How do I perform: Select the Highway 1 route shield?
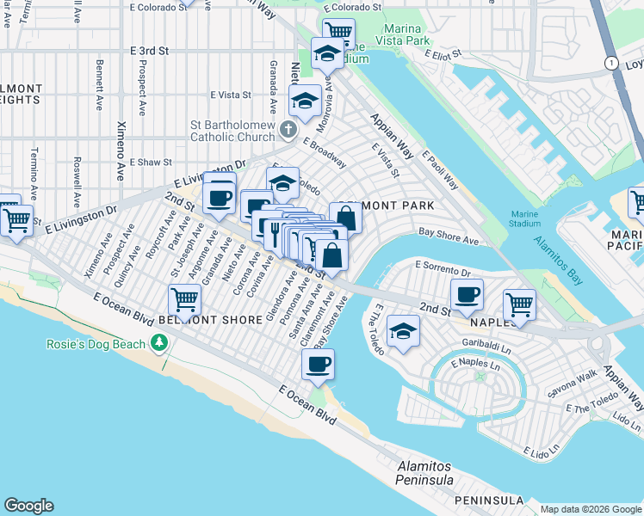(610, 63)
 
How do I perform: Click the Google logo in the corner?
(28, 506)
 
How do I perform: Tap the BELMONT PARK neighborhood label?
(386, 206)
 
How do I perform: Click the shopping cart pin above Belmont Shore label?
(184, 299)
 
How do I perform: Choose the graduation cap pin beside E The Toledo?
(402, 331)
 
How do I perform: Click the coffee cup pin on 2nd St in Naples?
(467, 294)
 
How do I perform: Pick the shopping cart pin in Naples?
(519, 304)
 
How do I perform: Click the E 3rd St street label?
(149, 52)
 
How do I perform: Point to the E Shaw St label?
(151, 162)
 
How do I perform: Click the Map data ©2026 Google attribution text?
(590, 509)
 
